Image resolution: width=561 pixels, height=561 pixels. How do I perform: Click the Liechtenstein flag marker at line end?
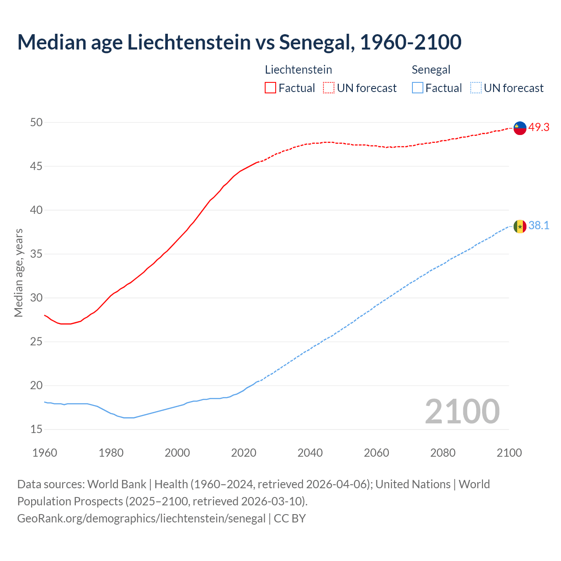pos(520,128)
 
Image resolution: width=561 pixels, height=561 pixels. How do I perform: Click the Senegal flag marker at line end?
pos(520,226)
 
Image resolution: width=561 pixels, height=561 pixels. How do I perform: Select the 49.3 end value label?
pos(539,127)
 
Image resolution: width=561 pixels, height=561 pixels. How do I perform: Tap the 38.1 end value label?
pos(539,225)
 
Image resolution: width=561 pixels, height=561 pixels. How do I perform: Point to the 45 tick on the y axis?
pos(36,166)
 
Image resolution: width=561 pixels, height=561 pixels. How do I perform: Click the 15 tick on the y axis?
pos(36,429)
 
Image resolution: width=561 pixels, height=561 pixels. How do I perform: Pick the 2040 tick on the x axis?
pos(310,453)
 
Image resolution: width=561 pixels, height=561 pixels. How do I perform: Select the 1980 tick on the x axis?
pos(111,453)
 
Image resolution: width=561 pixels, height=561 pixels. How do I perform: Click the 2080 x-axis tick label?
pos(443,453)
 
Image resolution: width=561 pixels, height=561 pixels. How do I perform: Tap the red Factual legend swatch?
pos(270,88)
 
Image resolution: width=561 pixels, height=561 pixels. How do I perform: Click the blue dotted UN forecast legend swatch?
pos(476,88)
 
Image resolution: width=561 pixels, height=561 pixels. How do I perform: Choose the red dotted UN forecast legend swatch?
pos(329,88)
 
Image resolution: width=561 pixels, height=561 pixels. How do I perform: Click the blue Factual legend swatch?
pos(418,88)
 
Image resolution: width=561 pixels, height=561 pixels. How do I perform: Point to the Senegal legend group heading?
pos(431,70)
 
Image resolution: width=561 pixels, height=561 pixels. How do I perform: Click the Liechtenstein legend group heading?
pos(298,70)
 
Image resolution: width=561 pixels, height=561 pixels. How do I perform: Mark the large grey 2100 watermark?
pos(462,411)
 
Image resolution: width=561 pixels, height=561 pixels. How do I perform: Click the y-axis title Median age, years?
pos(18,273)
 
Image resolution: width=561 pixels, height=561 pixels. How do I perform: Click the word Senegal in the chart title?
pos(315,42)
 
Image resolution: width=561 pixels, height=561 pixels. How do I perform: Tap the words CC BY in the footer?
pos(290,518)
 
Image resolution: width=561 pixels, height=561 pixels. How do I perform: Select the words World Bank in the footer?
pos(117,484)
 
